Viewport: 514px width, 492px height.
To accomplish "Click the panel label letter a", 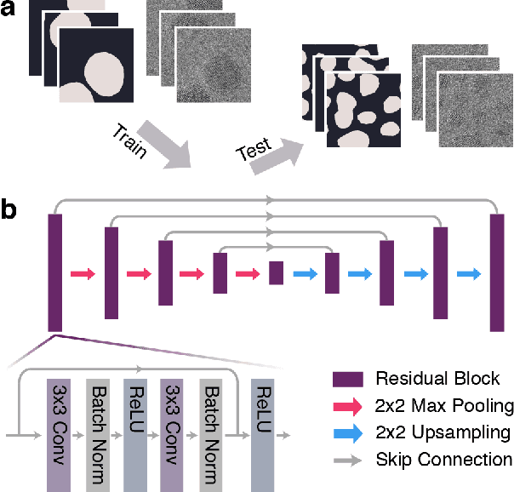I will click(x=9, y=13).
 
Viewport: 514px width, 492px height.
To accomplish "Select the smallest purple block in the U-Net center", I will click(x=275, y=273).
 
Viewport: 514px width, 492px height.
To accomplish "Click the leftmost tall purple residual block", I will click(x=56, y=273).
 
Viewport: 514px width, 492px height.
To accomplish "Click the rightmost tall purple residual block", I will click(x=495, y=273).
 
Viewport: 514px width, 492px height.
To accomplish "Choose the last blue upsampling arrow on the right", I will click(x=468, y=274).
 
